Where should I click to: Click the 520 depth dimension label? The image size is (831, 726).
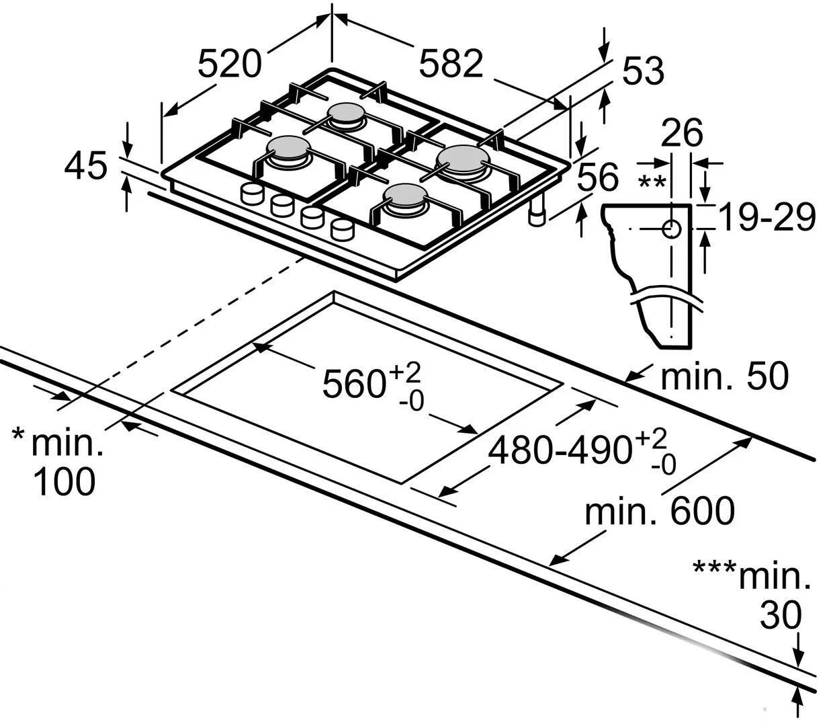[230, 63]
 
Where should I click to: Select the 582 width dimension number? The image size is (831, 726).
[451, 63]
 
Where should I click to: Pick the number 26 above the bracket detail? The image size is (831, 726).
[682, 133]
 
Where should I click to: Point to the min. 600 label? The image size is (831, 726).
[660, 510]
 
